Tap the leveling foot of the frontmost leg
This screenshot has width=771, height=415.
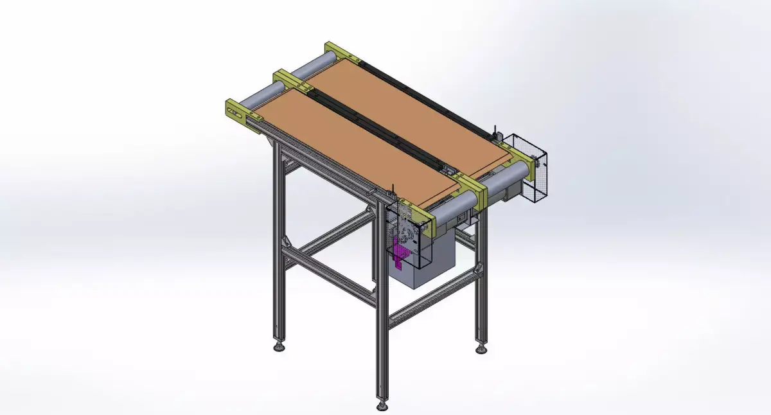point(382,406)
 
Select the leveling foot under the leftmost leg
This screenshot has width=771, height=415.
point(278,348)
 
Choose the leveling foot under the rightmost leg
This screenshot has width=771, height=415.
point(481,350)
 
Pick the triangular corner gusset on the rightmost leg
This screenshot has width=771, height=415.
point(476,267)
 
